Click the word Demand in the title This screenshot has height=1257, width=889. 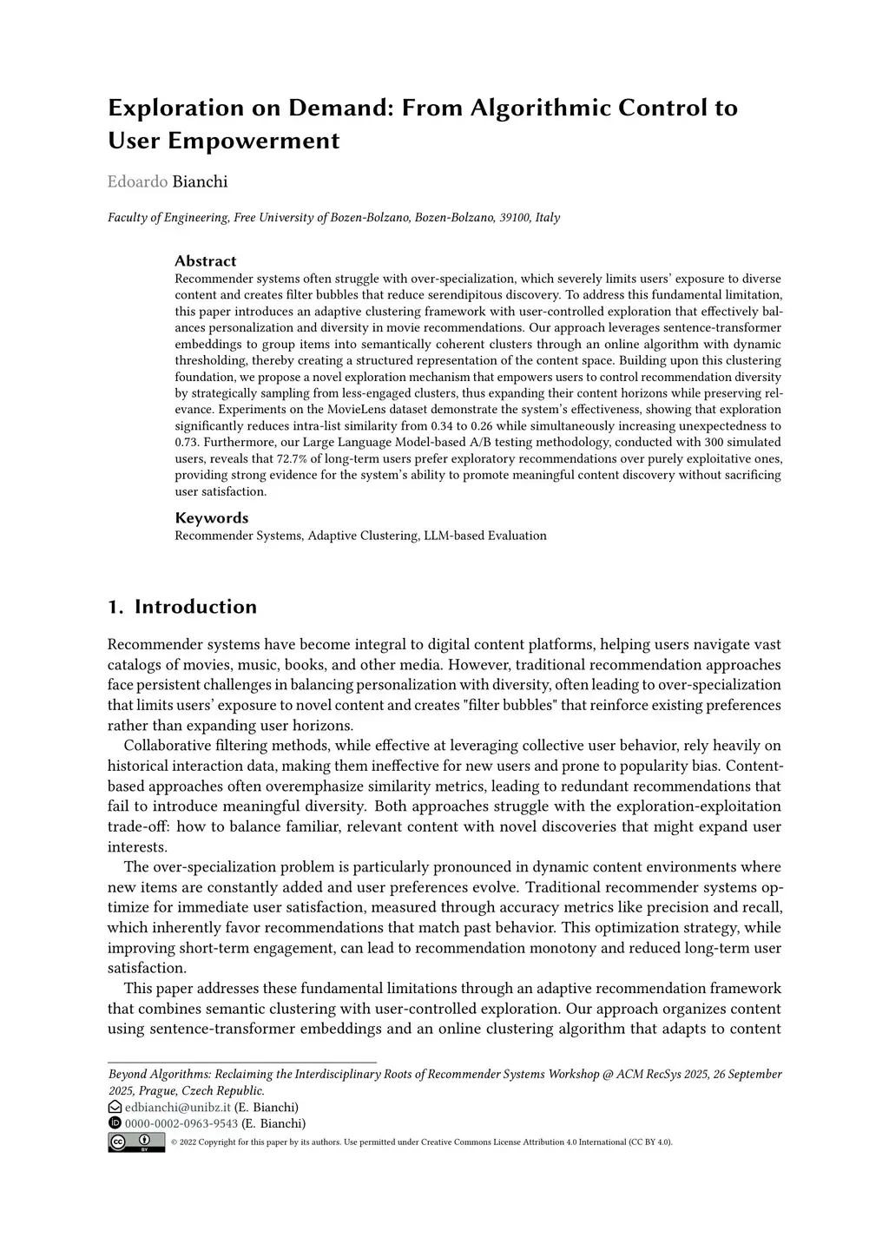pos(341,109)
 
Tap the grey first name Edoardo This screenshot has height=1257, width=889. pos(137,181)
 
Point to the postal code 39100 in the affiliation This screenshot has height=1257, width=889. pos(515,218)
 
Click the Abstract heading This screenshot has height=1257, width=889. pos(205,261)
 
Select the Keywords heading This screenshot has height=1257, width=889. pos(211,518)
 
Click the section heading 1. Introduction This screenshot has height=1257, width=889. pos(182,607)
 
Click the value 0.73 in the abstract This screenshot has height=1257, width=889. pos(188,443)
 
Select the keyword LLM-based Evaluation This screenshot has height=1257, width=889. pos(485,536)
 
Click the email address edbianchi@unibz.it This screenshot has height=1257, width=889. pos(178,1107)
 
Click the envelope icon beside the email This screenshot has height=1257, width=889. pos(115,1107)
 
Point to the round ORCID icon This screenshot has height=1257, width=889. pos(115,1123)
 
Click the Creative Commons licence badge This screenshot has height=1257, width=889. pos(136,1142)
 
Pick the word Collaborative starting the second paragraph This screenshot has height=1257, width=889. pos(168,746)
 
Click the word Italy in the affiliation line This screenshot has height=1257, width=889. pos(547,218)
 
